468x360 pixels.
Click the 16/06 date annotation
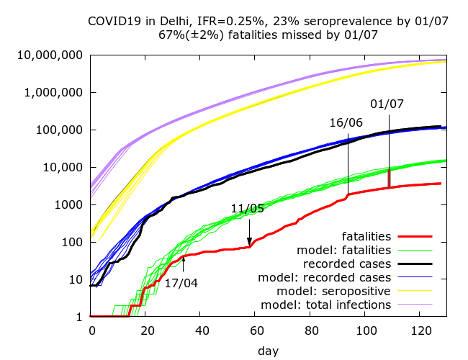[x=346, y=122]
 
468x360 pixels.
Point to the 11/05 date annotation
[x=248, y=209]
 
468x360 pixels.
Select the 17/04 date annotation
[x=181, y=283]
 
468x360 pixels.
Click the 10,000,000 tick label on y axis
[x=52, y=55]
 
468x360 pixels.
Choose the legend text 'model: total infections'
[x=325, y=305]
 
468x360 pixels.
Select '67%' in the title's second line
[x=170, y=34]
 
